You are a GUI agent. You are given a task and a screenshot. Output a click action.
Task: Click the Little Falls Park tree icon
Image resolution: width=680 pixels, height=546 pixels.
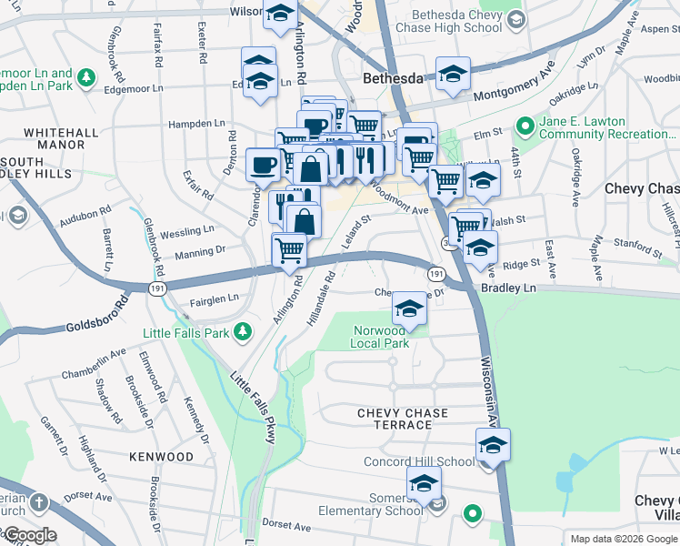point(242,333)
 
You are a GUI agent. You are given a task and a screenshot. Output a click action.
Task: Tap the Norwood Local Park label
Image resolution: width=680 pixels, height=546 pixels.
point(380,337)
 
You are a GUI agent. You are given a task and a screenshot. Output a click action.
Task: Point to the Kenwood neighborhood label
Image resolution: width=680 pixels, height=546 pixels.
point(161,456)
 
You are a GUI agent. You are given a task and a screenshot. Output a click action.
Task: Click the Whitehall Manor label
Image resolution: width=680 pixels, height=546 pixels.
point(61,138)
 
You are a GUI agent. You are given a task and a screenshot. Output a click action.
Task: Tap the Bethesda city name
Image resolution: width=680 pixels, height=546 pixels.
point(394,79)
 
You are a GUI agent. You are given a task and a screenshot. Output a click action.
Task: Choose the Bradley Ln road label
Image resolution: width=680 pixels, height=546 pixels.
point(508,288)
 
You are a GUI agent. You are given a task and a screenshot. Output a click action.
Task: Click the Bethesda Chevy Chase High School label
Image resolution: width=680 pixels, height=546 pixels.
point(456,21)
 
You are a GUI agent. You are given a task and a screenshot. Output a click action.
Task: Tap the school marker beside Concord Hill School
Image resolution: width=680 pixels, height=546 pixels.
point(493,445)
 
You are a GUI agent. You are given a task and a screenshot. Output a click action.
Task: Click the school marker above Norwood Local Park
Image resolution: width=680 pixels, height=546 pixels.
point(410,309)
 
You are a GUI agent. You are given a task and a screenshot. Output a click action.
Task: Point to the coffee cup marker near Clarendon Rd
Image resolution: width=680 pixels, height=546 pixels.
point(263,165)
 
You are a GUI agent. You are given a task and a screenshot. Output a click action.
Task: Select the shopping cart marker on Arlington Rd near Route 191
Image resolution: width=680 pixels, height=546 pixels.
point(289,248)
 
